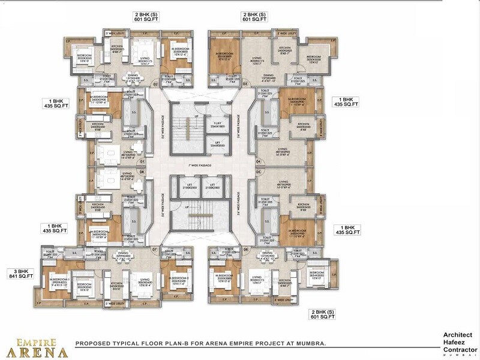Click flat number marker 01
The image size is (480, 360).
(x=143, y=161)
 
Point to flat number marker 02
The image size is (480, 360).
(x=155, y=85)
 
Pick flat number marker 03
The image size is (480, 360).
(x=246, y=85)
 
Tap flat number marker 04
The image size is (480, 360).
(x=259, y=161)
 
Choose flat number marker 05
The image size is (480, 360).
(x=143, y=172)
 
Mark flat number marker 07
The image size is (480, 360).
(x=154, y=249)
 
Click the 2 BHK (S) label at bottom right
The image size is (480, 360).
(x=322, y=314)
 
